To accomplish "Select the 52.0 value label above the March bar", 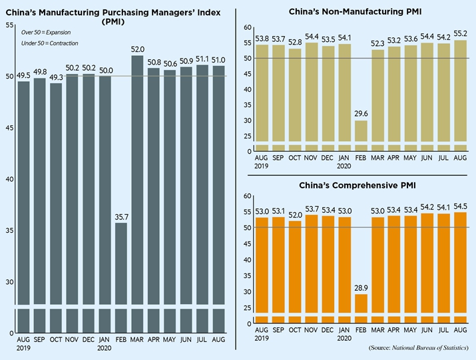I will (138, 49).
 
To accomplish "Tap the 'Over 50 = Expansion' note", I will (45, 32).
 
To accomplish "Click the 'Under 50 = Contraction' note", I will (49, 43).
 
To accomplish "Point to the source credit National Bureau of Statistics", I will (421, 347).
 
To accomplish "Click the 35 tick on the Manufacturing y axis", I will (9, 230).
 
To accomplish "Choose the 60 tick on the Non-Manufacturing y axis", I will (247, 27).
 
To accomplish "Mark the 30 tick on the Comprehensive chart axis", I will (247, 291).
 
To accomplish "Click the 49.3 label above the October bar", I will (56, 77).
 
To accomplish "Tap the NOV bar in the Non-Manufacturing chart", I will (311, 100).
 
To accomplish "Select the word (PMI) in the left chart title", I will (114, 22).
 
